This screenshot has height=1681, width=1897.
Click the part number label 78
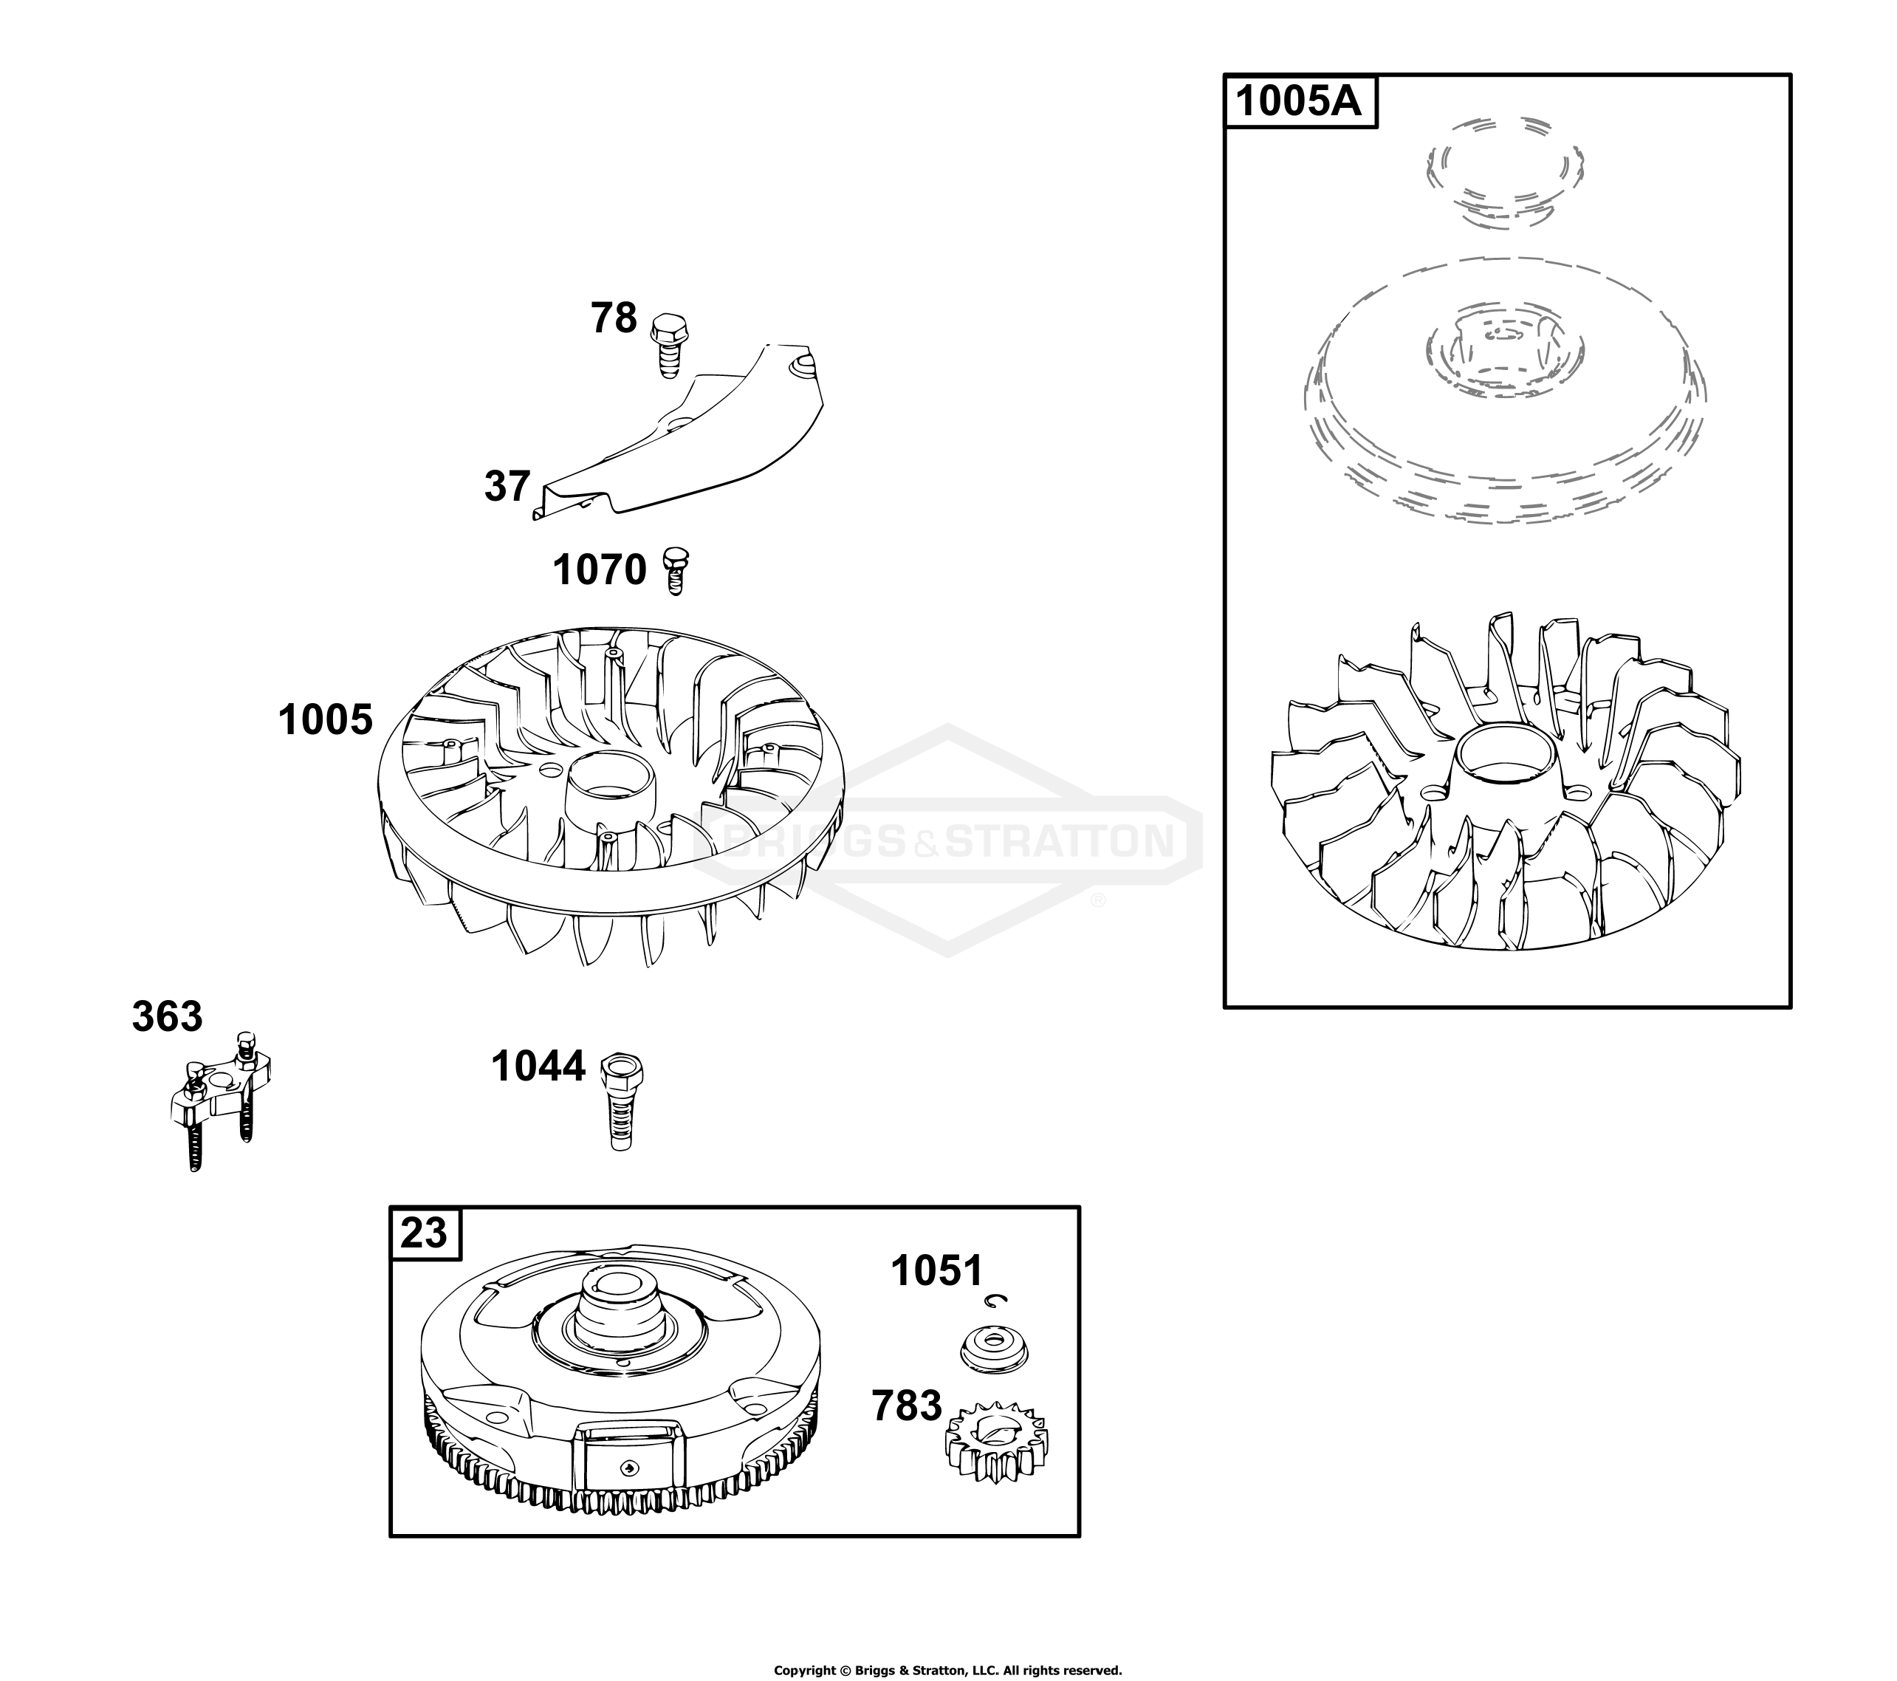point(614,318)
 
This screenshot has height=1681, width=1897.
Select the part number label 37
point(507,487)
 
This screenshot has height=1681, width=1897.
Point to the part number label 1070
point(600,570)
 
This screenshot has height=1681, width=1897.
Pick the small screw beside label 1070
point(676,571)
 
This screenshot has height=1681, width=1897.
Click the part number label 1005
point(326,720)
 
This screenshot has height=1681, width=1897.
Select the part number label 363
point(167,1017)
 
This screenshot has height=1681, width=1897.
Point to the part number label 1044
point(538,1067)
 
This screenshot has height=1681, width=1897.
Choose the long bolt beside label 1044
point(622,1102)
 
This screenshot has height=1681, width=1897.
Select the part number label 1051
point(936,1272)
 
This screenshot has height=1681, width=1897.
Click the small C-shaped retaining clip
point(998,1302)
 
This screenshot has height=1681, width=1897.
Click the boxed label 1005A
point(1300,101)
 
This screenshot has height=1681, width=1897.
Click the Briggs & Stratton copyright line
point(947,1671)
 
